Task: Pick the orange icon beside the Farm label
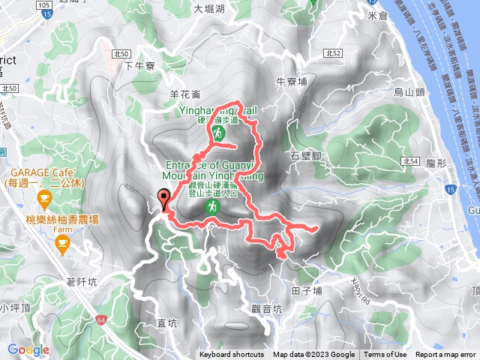click(63, 241)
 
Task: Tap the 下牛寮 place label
click(138, 65)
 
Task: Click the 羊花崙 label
click(185, 94)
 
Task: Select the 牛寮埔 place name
click(292, 82)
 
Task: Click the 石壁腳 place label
click(304, 156)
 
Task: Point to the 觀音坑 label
click(266, 308)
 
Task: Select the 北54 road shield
click(409, 161)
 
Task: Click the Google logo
click(28, 349)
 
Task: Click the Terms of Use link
click(385, 355)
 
